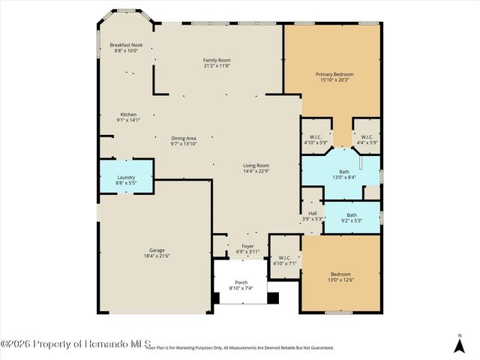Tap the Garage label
click(x=156, y=250)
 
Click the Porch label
click(x=241, y=282)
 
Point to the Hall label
click(x=312, y=213)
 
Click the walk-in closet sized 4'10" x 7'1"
click(x=284, y=260)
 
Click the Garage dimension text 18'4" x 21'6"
click(x=156, y=256)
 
